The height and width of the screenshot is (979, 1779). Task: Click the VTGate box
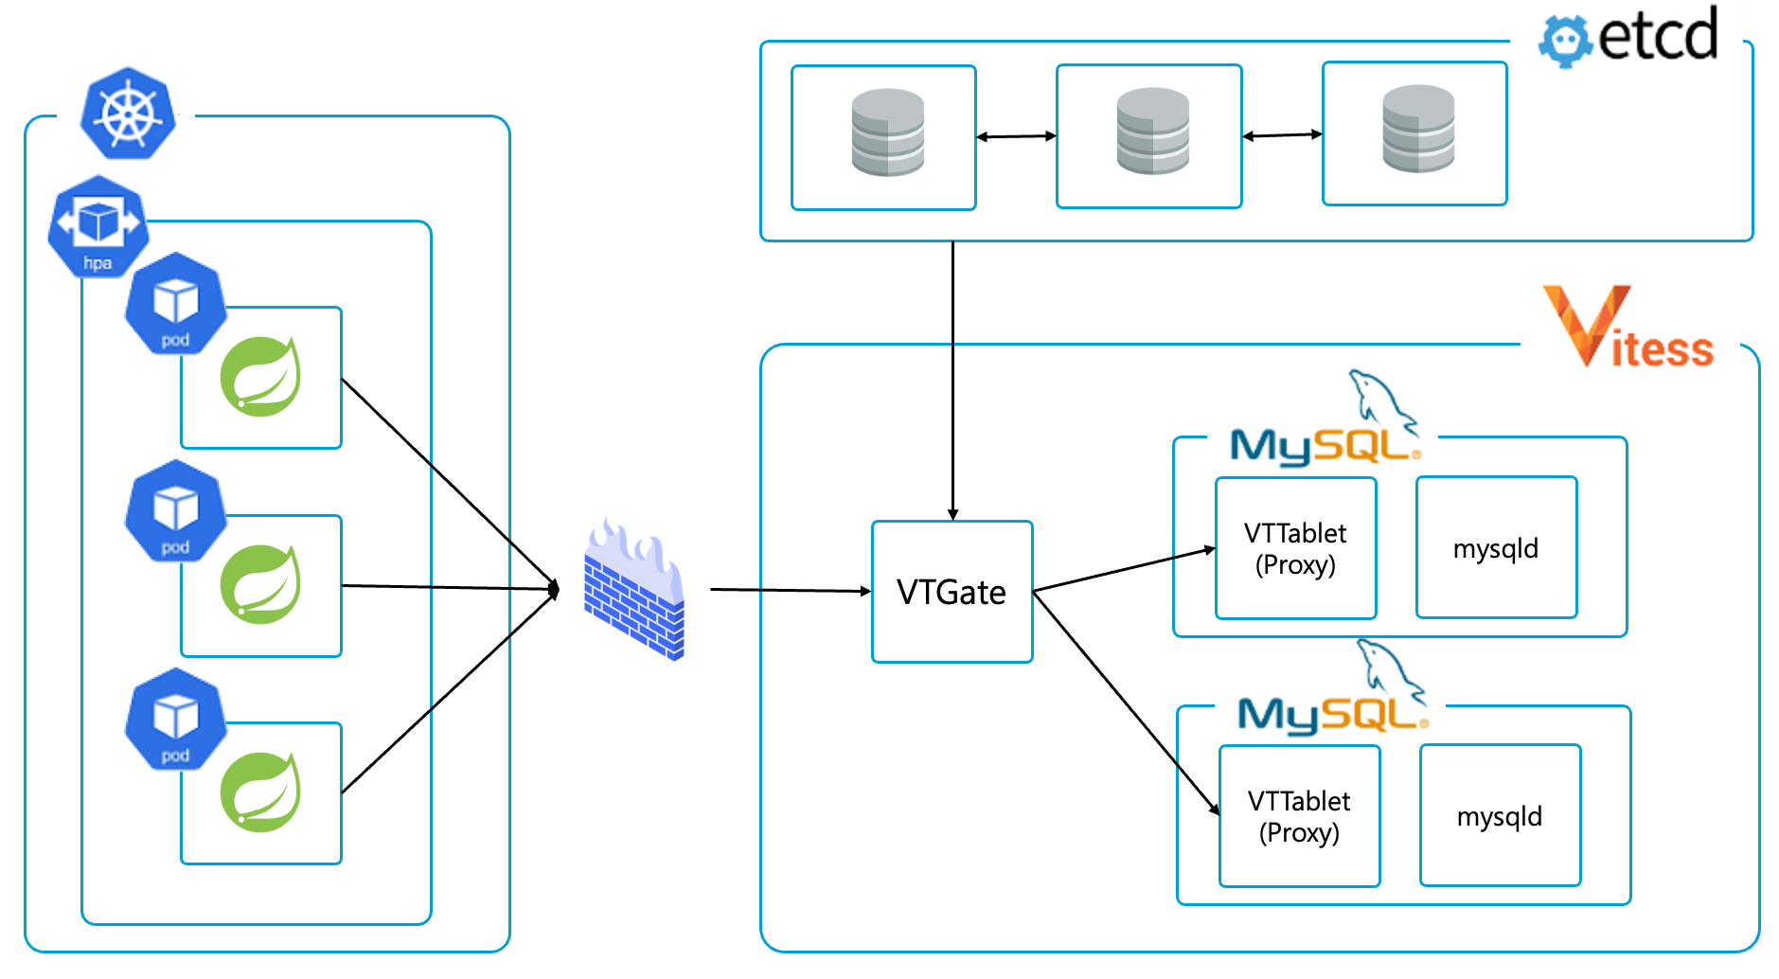click(x=952, y=592)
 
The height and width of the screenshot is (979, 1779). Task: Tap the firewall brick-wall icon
click(x=633, y=591)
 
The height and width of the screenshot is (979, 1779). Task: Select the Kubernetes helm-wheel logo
click(x=128, y=114)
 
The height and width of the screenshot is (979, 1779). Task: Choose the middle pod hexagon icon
click(x=175, y=512)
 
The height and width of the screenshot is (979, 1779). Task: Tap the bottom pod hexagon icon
click(x=175, y=720)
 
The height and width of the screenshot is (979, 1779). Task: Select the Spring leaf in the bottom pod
click(x=261, y=792)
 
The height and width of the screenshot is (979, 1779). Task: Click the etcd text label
click(x=1658, y=36)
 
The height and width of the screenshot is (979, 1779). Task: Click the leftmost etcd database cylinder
click(x=887, y=133)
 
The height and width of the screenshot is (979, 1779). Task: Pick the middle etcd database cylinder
click(x=1152, y=131)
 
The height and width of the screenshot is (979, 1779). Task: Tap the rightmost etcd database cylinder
click(x=1418, y=129)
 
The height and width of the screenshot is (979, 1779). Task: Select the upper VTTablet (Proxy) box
click(x=1295, y=548)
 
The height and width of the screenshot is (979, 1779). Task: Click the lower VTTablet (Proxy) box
click(x=1299, y=816)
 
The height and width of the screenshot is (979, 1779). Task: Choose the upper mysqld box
click(x=1496, y=548)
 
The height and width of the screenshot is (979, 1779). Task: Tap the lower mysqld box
click(x=1500, y=816)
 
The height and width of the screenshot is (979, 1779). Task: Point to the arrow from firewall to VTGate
click(x=790, y=591)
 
